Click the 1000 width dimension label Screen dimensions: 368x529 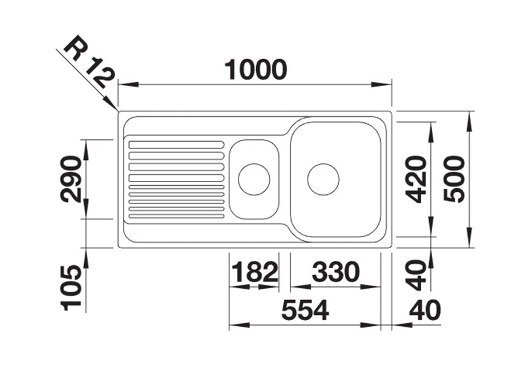tap(255, 70)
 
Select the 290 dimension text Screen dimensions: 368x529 tap(71, 179)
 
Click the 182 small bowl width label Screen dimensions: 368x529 tap(254, 272)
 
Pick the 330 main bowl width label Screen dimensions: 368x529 tap(335, 272)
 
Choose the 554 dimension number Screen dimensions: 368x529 tap(304, 310)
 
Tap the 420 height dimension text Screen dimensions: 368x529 tap(416, 179)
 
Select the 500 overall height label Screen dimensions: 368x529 tap(454, 179)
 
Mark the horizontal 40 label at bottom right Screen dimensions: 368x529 tap(424, 310)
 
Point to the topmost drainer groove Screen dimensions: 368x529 tap(176, 145)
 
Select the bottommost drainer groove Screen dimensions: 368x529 tap(176, 215)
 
